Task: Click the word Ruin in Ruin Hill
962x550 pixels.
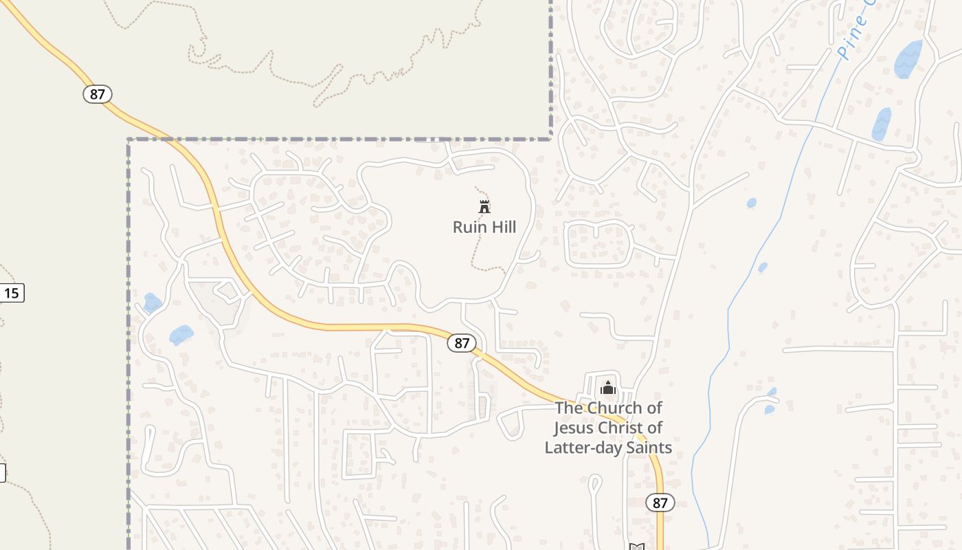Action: tap(468, 227)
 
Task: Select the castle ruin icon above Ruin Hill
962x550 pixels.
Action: tap(484, 206)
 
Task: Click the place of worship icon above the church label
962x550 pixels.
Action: tap(607, 388)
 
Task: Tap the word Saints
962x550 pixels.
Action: tap(647, 448)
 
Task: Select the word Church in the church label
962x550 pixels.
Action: tap(615, 408)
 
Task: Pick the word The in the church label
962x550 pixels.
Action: tap(568, 408)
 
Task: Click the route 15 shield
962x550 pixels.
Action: tap(11, 294)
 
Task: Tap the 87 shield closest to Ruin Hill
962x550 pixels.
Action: tap(462, 342)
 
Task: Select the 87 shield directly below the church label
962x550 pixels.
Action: tap(660, 503)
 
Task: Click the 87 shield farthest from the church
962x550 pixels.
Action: tap(98, 93)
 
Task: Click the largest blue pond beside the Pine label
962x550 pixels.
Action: tap(908, 59)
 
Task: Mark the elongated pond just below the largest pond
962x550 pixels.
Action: tap(882, 124)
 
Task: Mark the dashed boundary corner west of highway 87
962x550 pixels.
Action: tap(129, 140)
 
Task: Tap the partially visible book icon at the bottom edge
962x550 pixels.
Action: tap(637, 547)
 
